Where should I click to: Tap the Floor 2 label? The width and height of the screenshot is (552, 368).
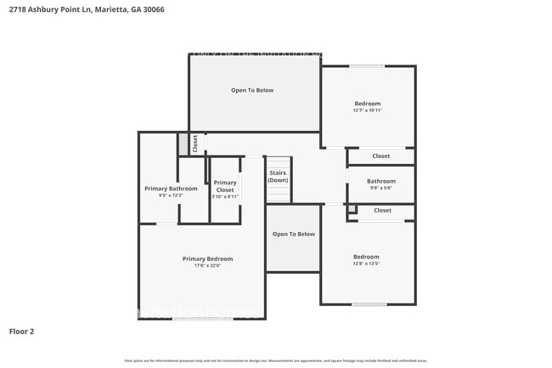coord(22,331)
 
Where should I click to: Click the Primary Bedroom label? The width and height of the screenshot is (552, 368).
coord(207,258)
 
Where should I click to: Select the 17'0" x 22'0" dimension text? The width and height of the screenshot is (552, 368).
coord(207,266)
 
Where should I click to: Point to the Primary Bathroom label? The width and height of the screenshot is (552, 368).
coord(171,189)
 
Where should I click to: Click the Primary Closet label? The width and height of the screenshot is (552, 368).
coord(225,186)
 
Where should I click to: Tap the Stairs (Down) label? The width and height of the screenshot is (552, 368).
coord(279,176)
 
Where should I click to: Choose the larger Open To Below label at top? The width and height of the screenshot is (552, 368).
coord(252,90)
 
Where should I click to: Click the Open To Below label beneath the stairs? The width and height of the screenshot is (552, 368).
coord(293,234)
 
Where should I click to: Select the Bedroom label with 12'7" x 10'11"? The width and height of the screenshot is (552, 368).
coord(368,104)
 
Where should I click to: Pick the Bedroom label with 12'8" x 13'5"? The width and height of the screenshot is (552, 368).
coord(366,257)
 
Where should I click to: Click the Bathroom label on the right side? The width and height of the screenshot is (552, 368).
coord(381,181)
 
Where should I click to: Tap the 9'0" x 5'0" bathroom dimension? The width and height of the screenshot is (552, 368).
coord(381,189)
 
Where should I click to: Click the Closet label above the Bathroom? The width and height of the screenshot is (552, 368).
coord(381,156)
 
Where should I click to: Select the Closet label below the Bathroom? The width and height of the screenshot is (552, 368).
coord(383,210)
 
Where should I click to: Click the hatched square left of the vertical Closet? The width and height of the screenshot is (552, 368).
coord(183,145)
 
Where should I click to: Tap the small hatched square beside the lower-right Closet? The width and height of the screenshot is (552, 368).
coord(352,208)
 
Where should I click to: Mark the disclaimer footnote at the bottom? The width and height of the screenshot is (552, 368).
coord(276,360)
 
